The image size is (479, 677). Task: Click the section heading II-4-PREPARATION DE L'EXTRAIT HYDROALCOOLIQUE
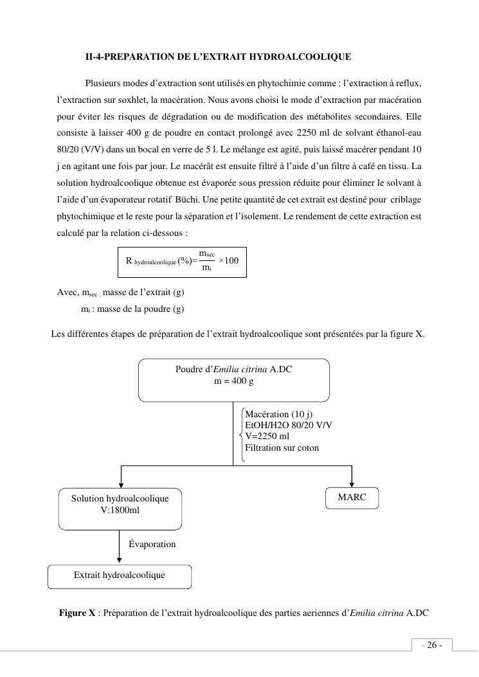tap(218, 57)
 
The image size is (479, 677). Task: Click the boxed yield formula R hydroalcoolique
tap(183, 261)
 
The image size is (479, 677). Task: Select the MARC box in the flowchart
tap(352, 498)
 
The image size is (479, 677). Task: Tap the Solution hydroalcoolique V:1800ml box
tap(120, 508)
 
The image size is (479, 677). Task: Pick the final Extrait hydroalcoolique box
tap(120, 576)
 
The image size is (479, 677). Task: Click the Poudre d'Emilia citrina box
tap(234, 380)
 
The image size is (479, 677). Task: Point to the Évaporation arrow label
tap(152, 544)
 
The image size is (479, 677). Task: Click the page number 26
tap(432, 645)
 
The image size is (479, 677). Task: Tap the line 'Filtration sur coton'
tap(282, 447)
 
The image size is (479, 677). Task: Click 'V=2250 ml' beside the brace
tap(267, 437)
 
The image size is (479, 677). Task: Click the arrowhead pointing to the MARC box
tap(352, 483)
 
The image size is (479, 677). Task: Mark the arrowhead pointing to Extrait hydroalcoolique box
tap(120, 561)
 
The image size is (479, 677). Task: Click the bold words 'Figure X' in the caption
tap(77, 613)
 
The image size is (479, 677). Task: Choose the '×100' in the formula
tap(228, 261)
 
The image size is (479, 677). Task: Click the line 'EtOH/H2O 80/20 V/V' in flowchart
tap(289, 426)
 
